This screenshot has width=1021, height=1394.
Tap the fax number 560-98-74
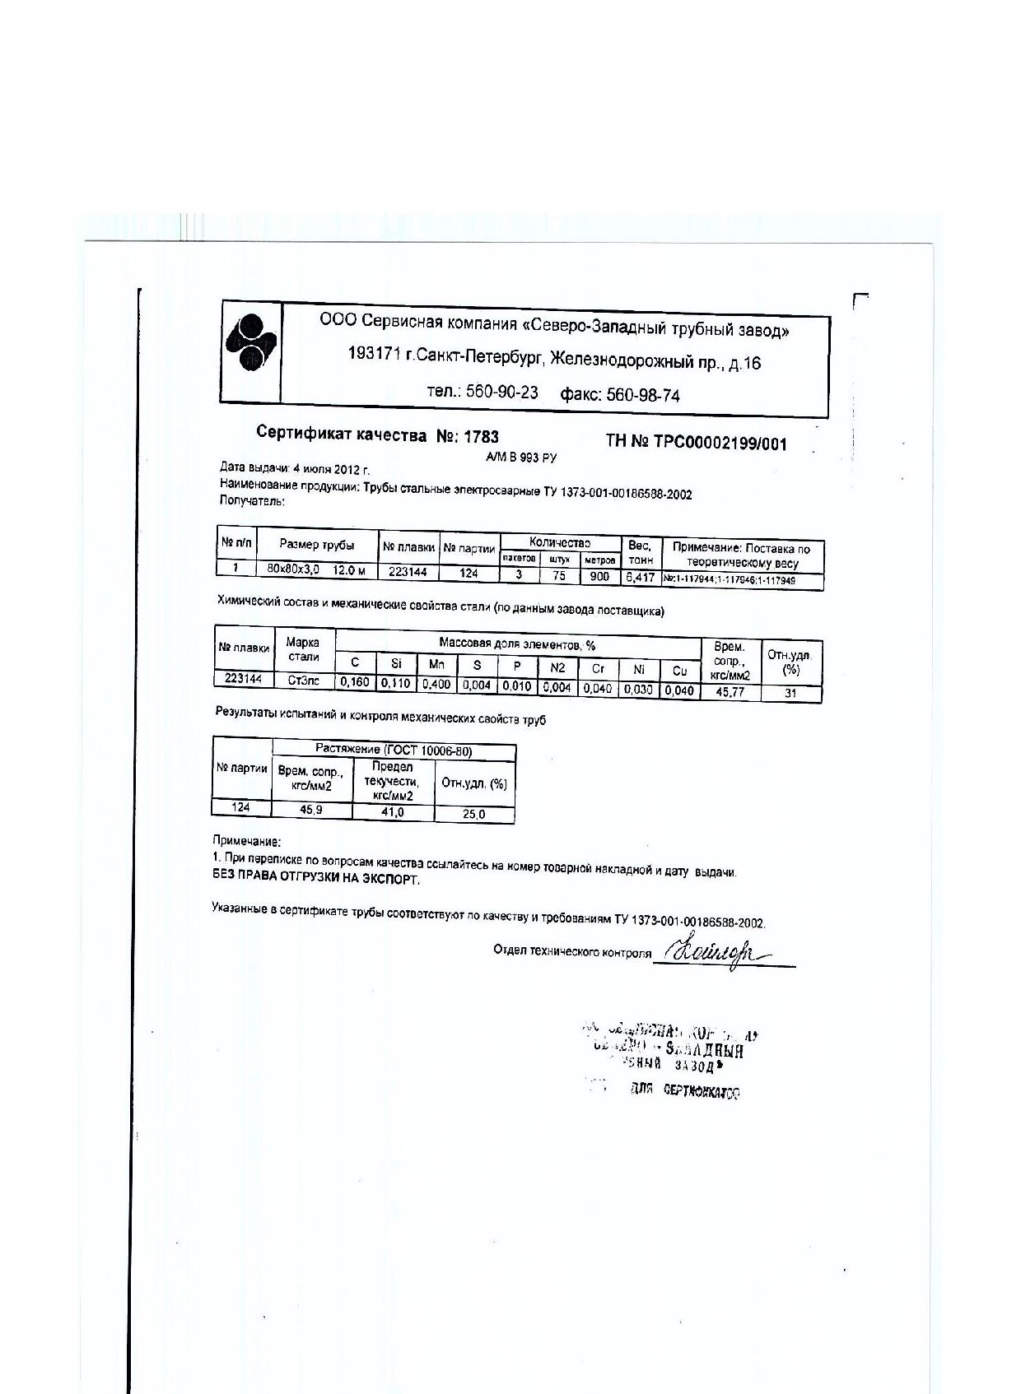pyautogui.click(x=643, y=395)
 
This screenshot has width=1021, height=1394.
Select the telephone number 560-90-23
pyautogui.click(x=502, y=392)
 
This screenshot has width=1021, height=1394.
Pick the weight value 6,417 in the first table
pyautogui.click(x=640, y=578)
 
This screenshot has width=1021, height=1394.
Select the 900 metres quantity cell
pyautogui.click(x=599, y=576)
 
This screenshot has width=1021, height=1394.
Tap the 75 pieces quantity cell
pyautogui.click(x=559, y=575)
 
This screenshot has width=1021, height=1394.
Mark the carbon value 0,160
pyautogui.click(x=355, y=682)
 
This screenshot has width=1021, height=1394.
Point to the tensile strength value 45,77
pyautogui.click(x=730, y=692)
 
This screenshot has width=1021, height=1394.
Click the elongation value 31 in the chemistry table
pyautogui.click(x=790, y=693)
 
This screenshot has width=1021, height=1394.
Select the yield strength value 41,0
pyautogui.click(x=393, y=812)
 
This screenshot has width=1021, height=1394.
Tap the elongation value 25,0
pyautogui.click(x=474, y=814)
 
